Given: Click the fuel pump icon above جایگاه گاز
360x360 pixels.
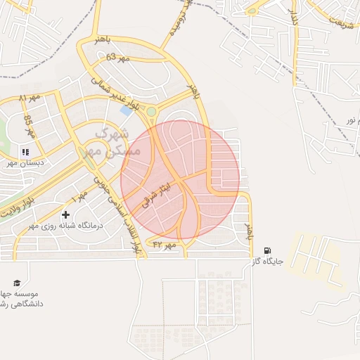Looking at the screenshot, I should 267,250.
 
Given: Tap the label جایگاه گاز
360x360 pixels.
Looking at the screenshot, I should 267,262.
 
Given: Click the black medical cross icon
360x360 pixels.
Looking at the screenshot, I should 66,214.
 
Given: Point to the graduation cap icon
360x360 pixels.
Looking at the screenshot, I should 16,283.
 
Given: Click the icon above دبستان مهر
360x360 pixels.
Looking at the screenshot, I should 25,151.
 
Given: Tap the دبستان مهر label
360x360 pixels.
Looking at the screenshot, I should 22,162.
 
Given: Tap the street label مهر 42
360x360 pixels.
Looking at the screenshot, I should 162,245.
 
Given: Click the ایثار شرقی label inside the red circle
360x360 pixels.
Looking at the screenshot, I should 156,190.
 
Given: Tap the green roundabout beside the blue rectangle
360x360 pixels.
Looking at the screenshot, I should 151,111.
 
